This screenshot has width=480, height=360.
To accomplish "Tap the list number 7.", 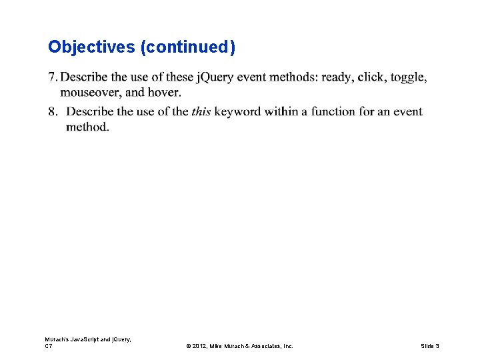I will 52,77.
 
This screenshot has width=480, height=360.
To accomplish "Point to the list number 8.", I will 52,111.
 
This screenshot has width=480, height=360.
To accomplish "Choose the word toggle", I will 408,77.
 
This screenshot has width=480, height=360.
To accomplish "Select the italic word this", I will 201,111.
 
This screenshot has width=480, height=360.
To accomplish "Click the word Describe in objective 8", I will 93,111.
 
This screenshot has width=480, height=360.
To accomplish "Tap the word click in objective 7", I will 371,77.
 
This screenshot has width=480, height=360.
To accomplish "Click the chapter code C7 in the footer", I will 49,346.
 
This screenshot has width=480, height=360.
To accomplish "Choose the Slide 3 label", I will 430,346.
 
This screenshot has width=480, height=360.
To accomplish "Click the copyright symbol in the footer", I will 189,346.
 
